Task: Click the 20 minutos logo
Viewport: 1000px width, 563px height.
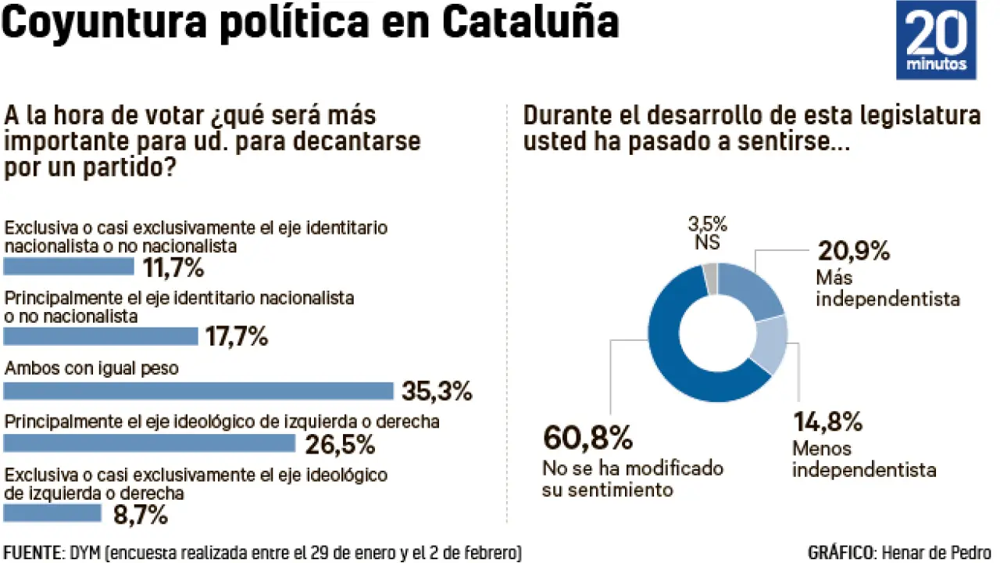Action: (936, 40)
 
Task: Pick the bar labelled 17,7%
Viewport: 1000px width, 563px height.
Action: (101, 337)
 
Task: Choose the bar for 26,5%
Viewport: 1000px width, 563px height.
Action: (150, 443)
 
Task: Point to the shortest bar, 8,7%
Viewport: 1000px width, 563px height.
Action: (52, 514)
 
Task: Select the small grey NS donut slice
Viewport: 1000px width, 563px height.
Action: (710, 278)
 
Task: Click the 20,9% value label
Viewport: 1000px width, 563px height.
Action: (854, 251)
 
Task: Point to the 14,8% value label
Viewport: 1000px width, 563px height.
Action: (828, 422)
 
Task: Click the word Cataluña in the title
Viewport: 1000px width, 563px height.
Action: (530, 23)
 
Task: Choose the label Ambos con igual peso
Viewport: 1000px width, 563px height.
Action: (92, 368)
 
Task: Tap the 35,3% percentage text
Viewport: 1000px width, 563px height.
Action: (436, 391)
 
